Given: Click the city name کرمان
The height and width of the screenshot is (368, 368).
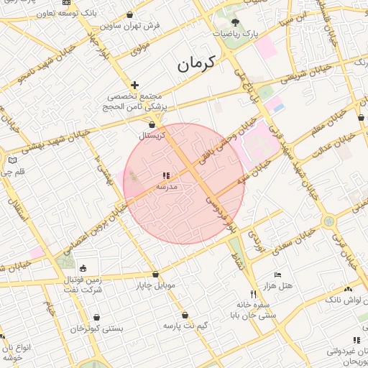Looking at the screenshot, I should (196, 64).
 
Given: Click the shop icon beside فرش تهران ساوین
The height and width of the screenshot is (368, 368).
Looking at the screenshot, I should (129, 15).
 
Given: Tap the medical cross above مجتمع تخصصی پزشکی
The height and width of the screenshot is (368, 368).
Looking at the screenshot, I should (134, 85).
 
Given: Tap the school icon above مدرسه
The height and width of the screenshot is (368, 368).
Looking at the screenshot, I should (167, 175).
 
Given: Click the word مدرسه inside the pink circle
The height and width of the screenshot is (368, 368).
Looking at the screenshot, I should (167, 186).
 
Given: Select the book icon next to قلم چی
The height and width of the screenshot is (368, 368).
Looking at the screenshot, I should (11, 160).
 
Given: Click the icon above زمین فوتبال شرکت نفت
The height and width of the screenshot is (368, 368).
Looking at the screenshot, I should (83, 268).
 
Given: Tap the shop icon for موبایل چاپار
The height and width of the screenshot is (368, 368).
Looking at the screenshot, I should (155, 274).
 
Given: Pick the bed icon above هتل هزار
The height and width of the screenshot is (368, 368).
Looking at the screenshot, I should (278, 275).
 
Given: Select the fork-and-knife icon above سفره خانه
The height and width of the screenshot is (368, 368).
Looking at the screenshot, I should (252, 294).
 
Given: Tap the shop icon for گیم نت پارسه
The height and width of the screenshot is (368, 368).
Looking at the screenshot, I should (185, 315).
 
